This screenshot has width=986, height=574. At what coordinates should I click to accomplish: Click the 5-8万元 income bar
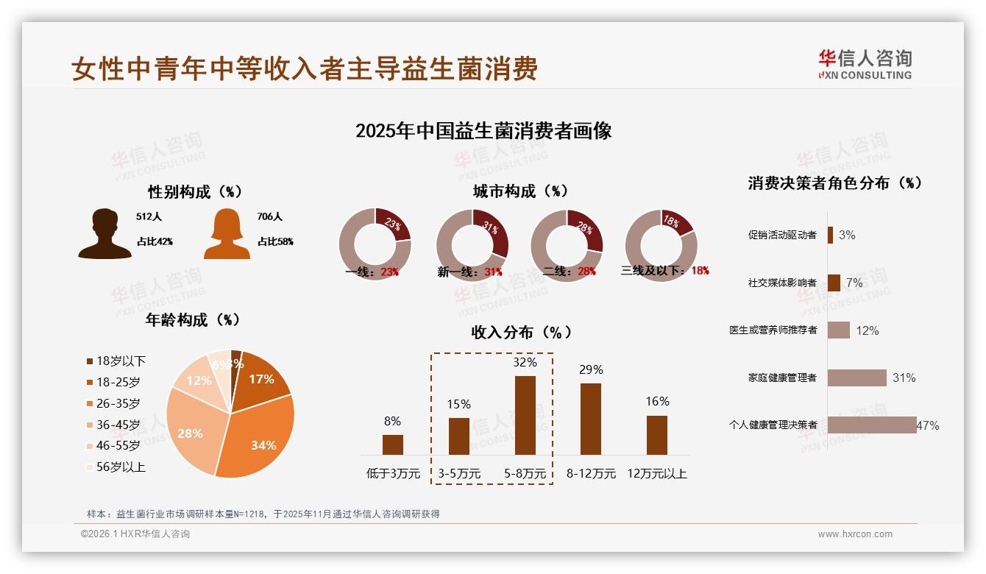coord(525,415)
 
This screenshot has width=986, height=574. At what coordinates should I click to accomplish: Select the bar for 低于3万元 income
coord(393,444)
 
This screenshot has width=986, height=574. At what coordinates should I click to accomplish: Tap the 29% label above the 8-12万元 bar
coord(591,370)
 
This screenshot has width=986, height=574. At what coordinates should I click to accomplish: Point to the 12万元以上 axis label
coord(656,474)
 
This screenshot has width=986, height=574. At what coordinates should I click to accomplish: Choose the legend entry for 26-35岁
coord(113,403)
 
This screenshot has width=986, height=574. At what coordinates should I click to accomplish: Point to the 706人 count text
coord(270,216)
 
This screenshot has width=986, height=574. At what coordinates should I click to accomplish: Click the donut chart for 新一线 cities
coord(472,244)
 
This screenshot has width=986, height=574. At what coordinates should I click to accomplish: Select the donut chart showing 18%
coord(661,244)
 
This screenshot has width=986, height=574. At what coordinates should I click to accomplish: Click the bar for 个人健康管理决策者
coord(872,425)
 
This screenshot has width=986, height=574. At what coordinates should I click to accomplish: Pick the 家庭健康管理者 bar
coord(856,378)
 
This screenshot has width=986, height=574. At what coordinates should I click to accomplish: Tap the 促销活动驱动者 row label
coord(782,235)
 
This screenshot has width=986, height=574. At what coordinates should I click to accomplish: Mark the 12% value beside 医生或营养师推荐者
coord(868,330)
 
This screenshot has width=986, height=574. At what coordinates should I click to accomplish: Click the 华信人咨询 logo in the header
coord(865,64)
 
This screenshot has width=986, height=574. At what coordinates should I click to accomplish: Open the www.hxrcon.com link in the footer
coord(855,534)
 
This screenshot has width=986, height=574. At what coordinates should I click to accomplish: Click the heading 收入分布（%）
coord(521,332)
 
